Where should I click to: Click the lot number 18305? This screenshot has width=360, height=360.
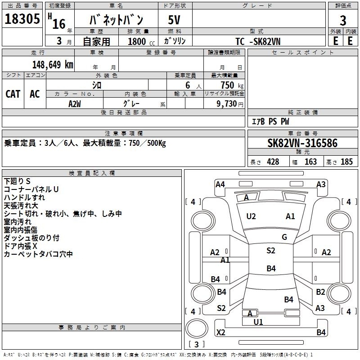pos(22,19)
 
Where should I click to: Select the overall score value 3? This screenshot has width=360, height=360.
pos(343,21)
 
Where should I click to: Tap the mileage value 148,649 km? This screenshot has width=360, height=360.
pos(53,64)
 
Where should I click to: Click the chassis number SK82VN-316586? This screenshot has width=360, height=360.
pos(302,143)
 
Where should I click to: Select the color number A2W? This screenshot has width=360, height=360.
pos(75,103)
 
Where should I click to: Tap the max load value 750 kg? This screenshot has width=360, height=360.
pos(230,85)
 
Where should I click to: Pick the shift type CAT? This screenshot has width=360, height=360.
pos(13,94)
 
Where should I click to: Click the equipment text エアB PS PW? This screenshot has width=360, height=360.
pos(270,121)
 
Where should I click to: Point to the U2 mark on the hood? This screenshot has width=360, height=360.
pos(251,216)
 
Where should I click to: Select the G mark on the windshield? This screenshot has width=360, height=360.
pos(284,237)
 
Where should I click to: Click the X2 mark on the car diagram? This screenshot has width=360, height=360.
pos(220,333)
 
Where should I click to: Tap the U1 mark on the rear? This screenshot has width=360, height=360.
pos(258,322)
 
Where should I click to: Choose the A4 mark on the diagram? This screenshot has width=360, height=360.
pos(220,184)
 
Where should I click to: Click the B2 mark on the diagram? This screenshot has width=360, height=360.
pos(320,292)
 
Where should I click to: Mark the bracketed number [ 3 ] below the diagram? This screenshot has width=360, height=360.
pos(197,344)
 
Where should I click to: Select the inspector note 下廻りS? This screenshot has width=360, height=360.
pos(17,181)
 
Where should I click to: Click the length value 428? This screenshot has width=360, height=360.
pos(273,162)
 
